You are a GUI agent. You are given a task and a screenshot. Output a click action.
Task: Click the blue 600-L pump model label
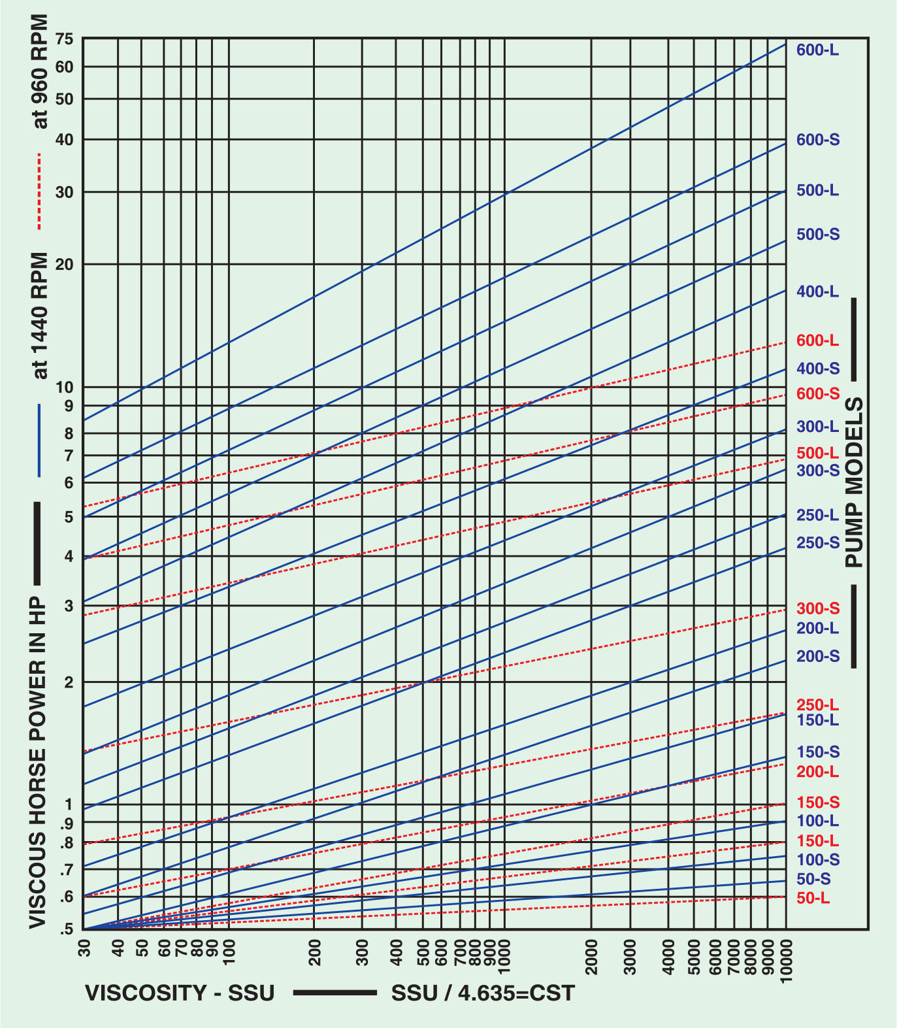click(x=817, y=50)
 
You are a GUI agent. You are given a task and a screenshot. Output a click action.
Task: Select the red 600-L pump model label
click(x=817, y=340)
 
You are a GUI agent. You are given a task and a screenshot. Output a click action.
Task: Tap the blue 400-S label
click(x=818, y=369)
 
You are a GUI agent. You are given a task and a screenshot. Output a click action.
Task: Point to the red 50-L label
click(x=813, y=899)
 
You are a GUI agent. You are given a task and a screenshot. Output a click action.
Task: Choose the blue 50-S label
click(x=813, y=879)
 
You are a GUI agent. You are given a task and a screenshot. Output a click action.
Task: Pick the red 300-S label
click(x=818, y=609)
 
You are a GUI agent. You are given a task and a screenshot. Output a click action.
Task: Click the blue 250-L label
click(x=817, y=516)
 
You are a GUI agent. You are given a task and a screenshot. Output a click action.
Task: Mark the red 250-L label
click(x=817, y=705)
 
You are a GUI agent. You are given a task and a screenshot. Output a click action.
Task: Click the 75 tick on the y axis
click(x=65, y=39)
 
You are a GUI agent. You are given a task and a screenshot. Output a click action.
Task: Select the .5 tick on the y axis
click(x=66, y=929)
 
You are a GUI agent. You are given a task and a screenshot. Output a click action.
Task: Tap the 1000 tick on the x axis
click(x=503, y=957)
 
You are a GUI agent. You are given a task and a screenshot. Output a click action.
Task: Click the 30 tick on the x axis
click(x=84, y=948)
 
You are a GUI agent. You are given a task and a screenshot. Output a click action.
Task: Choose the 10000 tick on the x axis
click(x=787, y=960)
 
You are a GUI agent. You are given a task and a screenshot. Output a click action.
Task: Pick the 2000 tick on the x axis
click(x=591, y=957)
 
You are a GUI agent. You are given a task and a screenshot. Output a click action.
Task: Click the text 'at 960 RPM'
click(x=40, y=73)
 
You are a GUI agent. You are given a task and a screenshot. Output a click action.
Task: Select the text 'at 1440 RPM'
click(x=40, y=315)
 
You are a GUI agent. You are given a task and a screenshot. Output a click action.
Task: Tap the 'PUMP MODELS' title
click(x=855, y=482)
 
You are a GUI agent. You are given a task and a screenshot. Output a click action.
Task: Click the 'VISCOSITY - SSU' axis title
click(x=180, y=993)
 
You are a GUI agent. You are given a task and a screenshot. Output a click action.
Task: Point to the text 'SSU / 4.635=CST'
click(x=483, y=993)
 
